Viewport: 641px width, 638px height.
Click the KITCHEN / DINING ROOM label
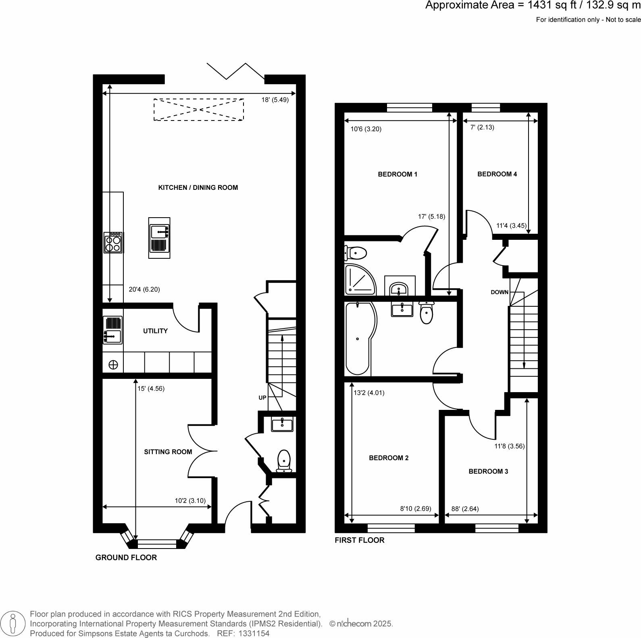pyautogui.click(x=198, y=187)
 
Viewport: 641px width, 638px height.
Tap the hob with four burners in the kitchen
pyautogui.click(x=113, y=243)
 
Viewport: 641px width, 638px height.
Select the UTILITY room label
pyautogui.click(x=155, y=331)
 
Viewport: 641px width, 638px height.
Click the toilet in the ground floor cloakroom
pyautogui.click(x=284, y=461)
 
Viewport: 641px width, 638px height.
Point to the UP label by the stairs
pyautogui.click(x=262, y=398)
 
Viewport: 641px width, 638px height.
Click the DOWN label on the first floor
pyautogui.click(x=499, y=292)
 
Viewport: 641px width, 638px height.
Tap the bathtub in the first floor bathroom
pyautogui.click(x=359, y=339)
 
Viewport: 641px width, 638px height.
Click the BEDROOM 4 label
pyautogui.click(x=497, y=174)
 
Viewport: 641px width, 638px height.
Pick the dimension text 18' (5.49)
pyautogui.click(x=275, y=100)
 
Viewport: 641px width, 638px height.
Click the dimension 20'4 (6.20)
pyautogui.click(x=144, y=289)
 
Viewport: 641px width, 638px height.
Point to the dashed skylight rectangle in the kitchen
pyautogui.click(x=198, y=109)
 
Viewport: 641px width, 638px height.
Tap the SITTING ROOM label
pyautogui.click(x=168, y=452)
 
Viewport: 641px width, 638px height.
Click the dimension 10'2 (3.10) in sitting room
pyautogui.click(x=190, y=501)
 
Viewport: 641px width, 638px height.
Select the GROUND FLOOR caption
pyautogui.click(x=126, y=557)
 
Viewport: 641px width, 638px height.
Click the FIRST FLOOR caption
pyautogui.click(x=360, y=540)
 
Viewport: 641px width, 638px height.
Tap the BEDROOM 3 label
pyautogui.click(x=488, y=471)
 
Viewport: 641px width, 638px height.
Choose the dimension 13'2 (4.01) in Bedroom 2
pyautogui.click(x=369, y=393)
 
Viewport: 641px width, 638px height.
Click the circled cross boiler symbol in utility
pyautogui.click(x=113, y=365)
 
